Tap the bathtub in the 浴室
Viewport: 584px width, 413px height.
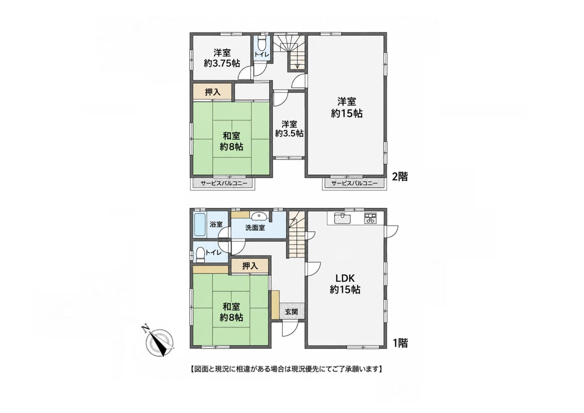pos(200,225)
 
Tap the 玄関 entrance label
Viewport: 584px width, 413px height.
pos(291,312)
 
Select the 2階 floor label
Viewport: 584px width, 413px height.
pos(400,177)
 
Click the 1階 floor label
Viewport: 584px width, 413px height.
pos(400,343)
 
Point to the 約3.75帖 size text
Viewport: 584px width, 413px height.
pos(222,63)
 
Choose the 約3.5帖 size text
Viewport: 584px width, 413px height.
pos(289,133)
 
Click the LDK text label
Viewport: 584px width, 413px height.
pos(344,278)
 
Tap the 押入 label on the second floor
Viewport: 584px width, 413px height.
pos(213,92)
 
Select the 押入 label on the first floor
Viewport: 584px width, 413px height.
pos(250,266)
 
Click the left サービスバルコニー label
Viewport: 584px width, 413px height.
pos(224,183)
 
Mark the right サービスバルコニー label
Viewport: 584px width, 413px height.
pos(354,183)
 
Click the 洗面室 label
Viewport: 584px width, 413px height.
pos(255,228)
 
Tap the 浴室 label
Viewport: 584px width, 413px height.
pos(216,224)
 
